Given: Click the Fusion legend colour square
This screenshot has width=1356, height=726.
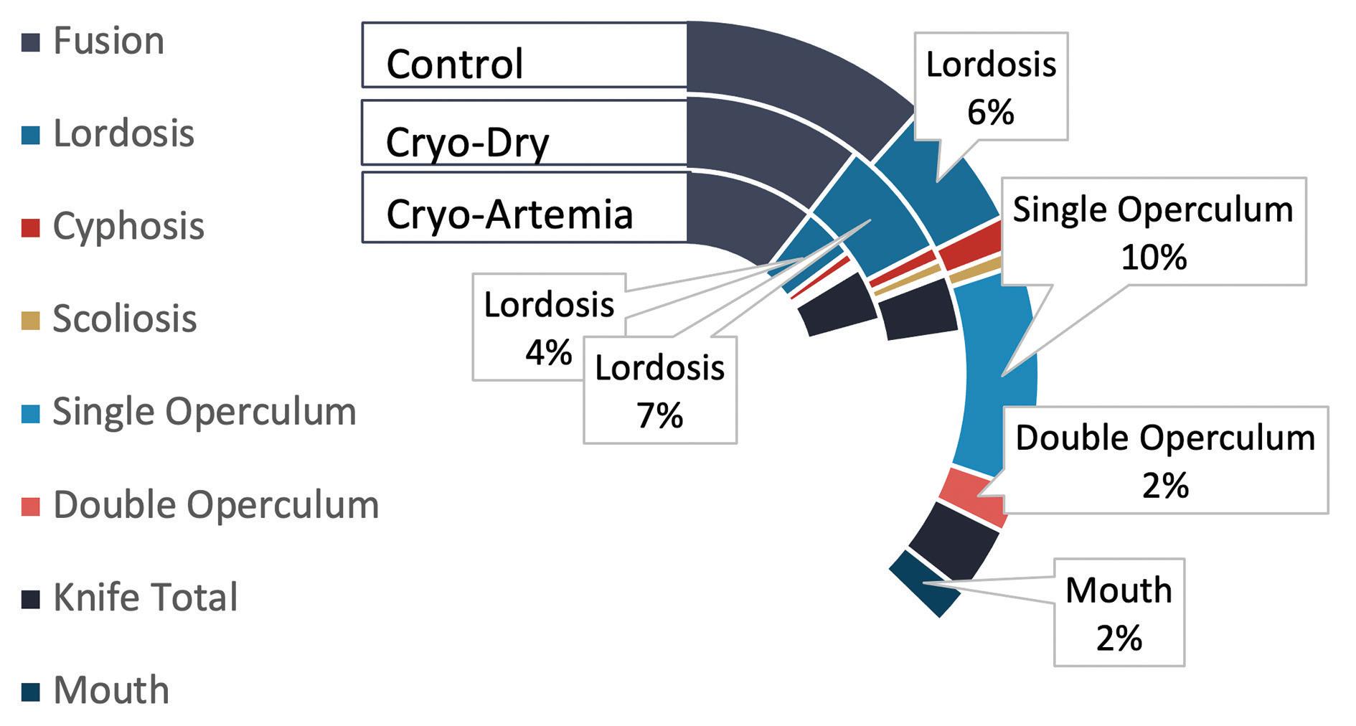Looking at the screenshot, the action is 31,42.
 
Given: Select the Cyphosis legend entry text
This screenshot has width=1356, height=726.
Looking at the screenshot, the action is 129,226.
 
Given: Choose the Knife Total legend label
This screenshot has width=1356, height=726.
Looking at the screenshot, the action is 146,598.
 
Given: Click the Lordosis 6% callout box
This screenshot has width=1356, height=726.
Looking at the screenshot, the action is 991,86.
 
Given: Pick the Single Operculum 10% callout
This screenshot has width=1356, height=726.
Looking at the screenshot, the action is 1153,231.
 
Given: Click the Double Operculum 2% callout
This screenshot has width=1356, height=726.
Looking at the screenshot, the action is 1165,460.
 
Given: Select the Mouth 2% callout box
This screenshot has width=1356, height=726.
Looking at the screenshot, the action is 1119,612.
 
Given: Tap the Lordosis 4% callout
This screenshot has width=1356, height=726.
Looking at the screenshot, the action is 549,326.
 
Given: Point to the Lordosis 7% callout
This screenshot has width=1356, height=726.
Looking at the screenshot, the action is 660,389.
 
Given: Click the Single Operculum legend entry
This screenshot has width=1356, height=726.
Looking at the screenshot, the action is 204,412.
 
